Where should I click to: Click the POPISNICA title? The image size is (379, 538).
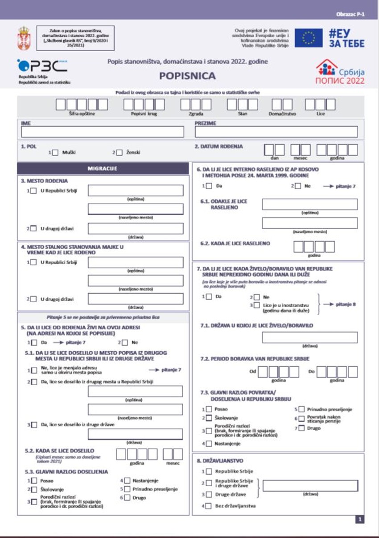coord(187,76)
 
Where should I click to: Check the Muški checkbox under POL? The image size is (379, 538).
coord(55,152)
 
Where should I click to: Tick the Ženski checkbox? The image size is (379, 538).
coord(119,152)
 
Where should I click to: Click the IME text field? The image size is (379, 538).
coord(102,132)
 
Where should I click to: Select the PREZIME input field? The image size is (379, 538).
coord(276,132)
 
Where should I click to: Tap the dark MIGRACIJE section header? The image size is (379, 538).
coord(102,169)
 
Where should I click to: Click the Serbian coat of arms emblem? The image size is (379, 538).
coord(24,38)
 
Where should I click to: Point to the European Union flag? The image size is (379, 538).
coord(308,38)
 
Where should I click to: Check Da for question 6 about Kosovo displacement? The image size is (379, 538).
coord(208,186)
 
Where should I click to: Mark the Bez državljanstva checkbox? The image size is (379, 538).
coord(208,506)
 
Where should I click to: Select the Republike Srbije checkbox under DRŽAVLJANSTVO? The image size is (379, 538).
coord(208,471)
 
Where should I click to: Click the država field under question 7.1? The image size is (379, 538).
coord(309,337)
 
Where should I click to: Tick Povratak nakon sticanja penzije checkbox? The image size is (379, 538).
coord(301,419)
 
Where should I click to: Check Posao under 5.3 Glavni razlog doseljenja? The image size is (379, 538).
coord(34,481)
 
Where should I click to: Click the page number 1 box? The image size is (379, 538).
coord(360,519)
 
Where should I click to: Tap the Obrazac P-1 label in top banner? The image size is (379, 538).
coord(350,14)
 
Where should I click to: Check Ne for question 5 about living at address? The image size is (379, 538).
coord(124,343)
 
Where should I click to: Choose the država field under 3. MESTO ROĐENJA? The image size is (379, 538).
coord(136,228)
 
